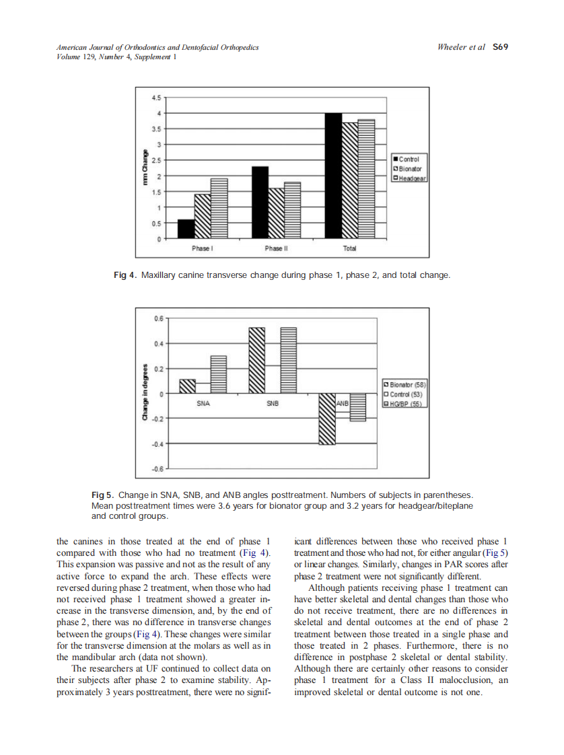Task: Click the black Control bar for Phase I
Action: pyautogui.click(x=186, y=229)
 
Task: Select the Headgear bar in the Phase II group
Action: pyautogui.click(x=292, y=210)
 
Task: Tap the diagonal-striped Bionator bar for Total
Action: pyautogui.click(x=350, y=180)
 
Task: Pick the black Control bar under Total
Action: pyautogui.click(x=333, y=176)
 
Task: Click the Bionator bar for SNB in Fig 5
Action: pyautogui.click(x=256, y=360)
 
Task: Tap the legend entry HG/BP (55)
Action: pyautogui.click(x=404, y=404)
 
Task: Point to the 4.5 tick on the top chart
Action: pyautogui.click(x=156, y=98)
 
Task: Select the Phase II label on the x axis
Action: pyautogui.click(x=274, y=249)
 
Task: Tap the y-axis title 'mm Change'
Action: pyautogui.click(x=144, y=167)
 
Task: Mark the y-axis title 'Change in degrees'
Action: pyautogui.click(x=144, y=394)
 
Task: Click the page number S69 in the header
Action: pyautogui.click(x=500, y=48)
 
